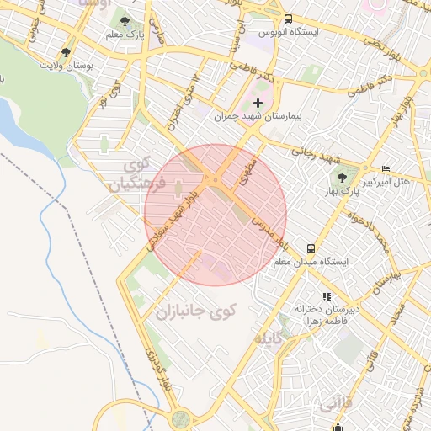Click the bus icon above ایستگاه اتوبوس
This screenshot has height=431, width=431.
(289, 19)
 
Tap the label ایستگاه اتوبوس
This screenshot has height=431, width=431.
(289, 32)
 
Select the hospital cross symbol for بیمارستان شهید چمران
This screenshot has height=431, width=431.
(258, 104)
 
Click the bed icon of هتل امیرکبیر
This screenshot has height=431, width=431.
(386, 169)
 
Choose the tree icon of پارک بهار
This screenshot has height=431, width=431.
(342, 178)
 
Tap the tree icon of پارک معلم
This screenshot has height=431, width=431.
(125, 23)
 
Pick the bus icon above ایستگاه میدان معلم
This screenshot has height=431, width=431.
(311, 249)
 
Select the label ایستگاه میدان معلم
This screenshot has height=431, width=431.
(311, 263)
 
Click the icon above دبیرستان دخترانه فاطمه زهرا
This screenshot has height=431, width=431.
(326, 296)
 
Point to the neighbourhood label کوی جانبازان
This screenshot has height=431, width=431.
(196, 312)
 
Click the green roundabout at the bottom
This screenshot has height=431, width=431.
(180, 418)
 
